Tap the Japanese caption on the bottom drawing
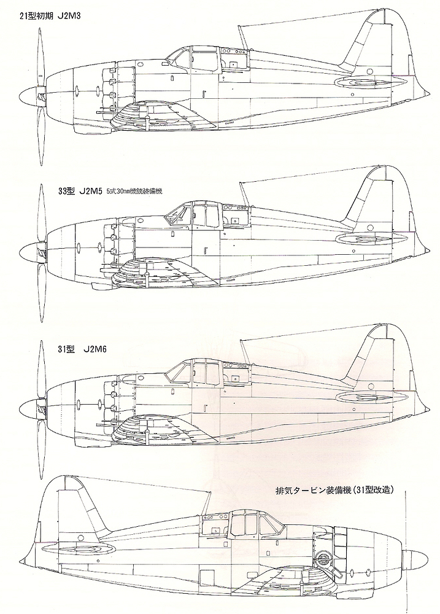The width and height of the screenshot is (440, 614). coord(334,491)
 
